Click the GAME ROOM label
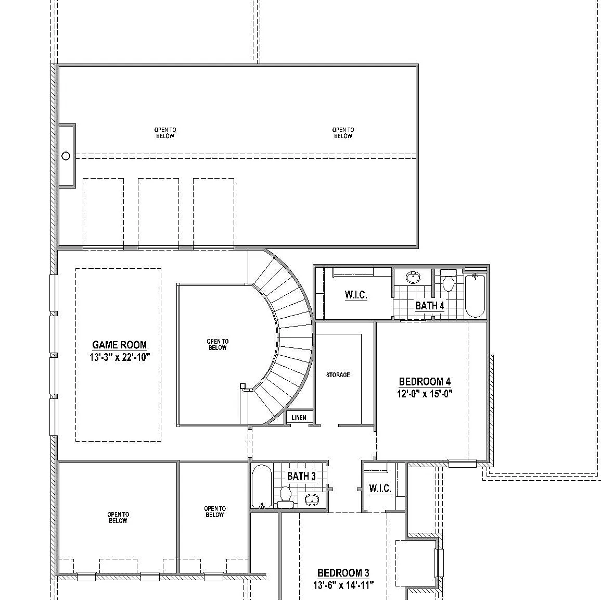120,345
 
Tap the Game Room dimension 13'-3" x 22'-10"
120,357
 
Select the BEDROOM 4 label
425,382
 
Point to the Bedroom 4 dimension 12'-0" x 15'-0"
425,394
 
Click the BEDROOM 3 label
343,573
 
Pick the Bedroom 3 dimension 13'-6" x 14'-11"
343,585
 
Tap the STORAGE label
338,375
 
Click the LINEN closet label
299,417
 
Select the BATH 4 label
430,306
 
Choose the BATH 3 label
301,476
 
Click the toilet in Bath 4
448,280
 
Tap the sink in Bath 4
413,278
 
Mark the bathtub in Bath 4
475,295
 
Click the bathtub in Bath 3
262,486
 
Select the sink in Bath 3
312,499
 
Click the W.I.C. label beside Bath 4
356,295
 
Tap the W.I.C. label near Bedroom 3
380,489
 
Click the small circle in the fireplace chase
66,156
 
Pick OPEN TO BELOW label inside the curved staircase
218,344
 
